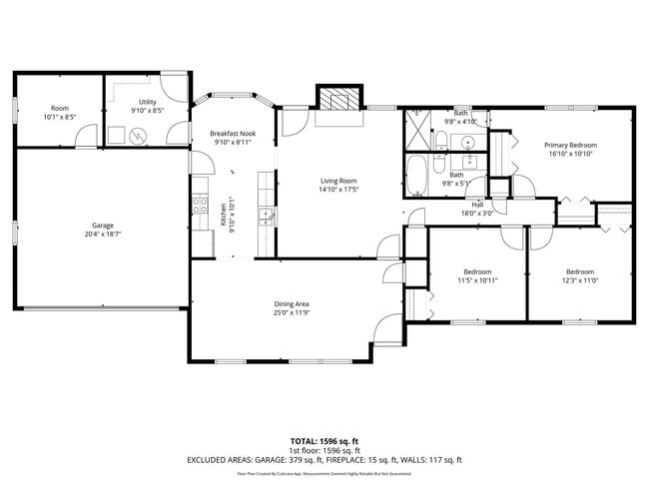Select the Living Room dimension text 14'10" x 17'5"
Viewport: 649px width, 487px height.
coord(338,190)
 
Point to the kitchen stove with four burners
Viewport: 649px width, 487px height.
coord(199,210)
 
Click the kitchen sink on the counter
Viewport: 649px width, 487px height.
coord(266,215)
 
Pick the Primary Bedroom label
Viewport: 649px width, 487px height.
coord(569,145)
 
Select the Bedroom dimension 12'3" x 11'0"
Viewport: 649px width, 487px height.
coord(579,281)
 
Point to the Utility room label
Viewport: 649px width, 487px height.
coord(147,102)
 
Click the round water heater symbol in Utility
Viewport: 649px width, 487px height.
coord(140,136)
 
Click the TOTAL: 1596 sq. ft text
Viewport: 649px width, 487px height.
coord(324,440)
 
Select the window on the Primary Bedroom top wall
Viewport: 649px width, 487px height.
coord(558,108)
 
